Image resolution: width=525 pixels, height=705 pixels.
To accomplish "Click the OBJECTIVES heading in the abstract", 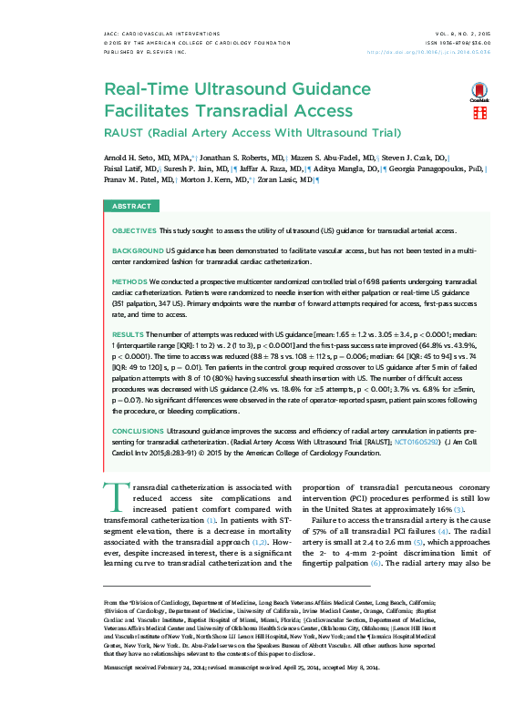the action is coord(134,231).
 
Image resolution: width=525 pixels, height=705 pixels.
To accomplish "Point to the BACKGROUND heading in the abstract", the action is coord(137,249).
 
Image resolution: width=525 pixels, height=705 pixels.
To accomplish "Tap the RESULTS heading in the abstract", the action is coord(128,335).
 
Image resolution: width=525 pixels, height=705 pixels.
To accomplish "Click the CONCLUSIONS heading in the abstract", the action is coord(139,430).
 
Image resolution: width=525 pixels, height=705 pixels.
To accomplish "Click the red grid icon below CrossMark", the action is coord(479,113).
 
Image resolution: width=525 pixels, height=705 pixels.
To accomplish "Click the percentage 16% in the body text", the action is coord(444,509).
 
